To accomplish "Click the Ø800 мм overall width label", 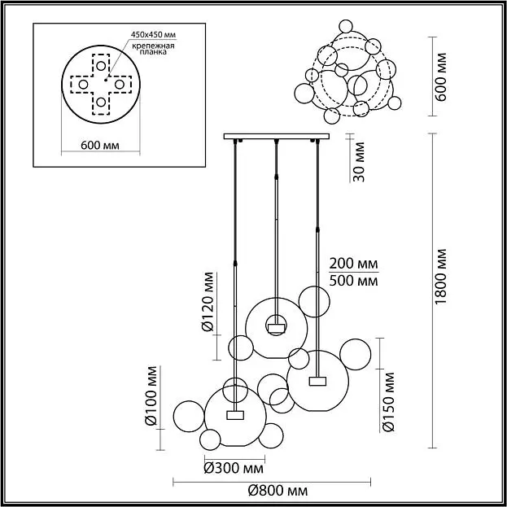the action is [278, 492].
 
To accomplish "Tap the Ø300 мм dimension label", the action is [234, 468].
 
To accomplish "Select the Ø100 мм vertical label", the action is [151, 396].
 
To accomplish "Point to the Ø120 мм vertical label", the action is [208, 302].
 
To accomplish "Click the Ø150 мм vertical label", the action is [388, 402].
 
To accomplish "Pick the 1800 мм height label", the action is [440, 277].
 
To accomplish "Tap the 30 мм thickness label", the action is [359, 162].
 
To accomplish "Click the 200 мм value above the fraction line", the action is [353, 264].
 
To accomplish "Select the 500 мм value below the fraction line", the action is [353, 281].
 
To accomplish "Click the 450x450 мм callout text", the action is [153, 35].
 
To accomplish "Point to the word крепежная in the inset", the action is [153, 46].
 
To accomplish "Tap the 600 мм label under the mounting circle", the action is [100, 146].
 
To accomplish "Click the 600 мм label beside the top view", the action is [440, 76].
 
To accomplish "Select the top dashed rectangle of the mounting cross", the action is [101, 65].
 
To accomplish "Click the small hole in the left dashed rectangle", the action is [83, 85].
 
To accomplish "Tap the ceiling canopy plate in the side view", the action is [277, 136].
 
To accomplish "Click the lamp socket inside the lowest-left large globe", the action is [235, 415].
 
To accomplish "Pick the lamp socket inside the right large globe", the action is [317, 381].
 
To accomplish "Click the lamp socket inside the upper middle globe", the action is [276, 329].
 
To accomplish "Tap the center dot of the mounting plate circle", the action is [106, 80].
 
